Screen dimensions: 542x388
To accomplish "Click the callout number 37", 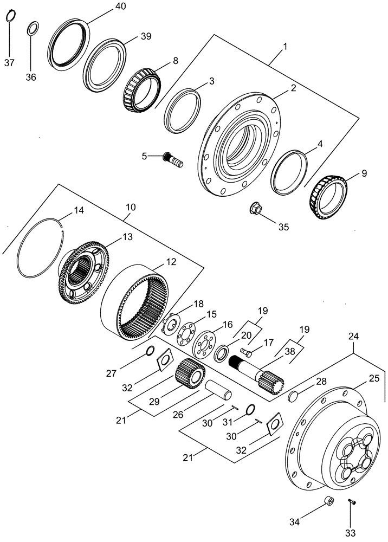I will click(9, 63).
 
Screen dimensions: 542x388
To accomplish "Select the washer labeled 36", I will click(33, 28).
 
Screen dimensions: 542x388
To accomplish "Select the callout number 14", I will click(79, 210).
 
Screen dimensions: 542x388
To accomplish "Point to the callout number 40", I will click(120, 7).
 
